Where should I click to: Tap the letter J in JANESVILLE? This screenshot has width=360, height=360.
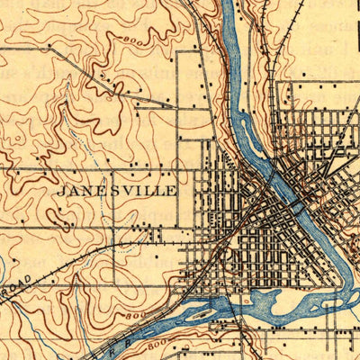(x=61, y=191)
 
